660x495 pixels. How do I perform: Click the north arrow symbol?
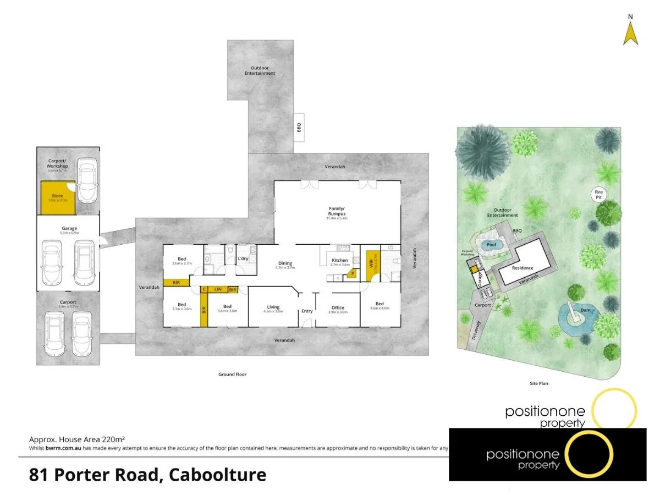click(x=630, y=33)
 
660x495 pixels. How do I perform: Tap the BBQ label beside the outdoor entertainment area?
click(x=299, y=127)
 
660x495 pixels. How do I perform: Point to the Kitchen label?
click(x=339, y=260)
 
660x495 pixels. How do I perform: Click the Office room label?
click(x=338, y=308)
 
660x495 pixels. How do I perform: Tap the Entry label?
click(x=307, y=311)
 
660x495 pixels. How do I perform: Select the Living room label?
click(x=273, y=307)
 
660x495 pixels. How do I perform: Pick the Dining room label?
click(x=285, y=263)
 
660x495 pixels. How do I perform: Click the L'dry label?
click(x=243, y=259)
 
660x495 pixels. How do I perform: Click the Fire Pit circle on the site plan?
click(x=599, y=194)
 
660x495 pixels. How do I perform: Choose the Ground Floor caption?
click(x=232, y=375)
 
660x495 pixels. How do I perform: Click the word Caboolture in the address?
click(x=218, y=474)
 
